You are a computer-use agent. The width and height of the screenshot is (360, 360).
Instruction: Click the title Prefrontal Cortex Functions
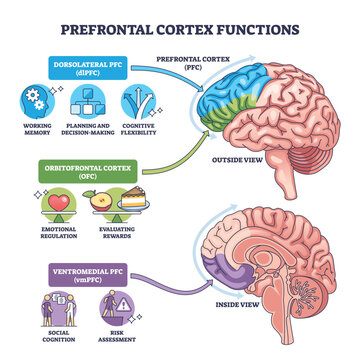(180, 28)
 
